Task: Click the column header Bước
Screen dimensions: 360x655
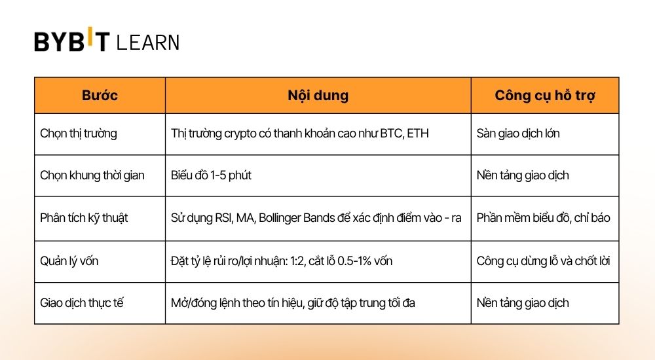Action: coord(100,96)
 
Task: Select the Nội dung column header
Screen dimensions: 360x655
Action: coord(318,96)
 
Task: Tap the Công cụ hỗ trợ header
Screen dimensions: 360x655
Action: coord(544,96)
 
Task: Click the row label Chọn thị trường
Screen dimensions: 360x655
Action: coord(79,134)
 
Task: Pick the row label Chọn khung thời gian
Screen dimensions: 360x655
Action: coord(92,175)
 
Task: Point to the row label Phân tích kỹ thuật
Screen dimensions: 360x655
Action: coord(84,217)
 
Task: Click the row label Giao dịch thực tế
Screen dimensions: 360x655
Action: coord(82,302)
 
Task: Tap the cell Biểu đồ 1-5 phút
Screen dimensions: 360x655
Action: coord(211,175)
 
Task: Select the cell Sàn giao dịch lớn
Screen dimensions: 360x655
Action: coord(518,134)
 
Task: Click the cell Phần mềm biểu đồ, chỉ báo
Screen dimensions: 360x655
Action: coord(543,217)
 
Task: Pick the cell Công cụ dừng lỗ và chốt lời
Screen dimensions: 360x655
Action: coord(543,261)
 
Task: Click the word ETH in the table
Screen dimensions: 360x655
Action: coord(417,134)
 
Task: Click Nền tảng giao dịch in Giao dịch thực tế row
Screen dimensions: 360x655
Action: coord(523,302)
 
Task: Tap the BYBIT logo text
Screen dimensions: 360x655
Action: coord(72,41)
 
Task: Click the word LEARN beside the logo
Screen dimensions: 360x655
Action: coord(147,43)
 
